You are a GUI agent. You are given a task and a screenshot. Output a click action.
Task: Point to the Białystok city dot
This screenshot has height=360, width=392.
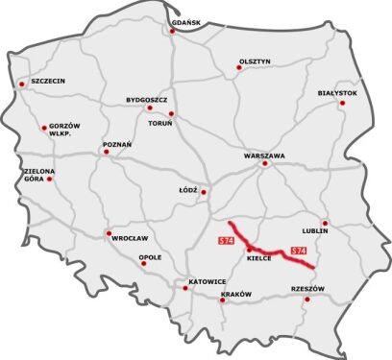(341, 103)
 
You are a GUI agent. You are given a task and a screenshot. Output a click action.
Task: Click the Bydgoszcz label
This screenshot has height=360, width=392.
(147, 99)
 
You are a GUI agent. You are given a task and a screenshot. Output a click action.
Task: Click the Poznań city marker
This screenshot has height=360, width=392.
(106, 152)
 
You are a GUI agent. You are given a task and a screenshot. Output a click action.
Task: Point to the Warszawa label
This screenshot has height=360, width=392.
(265, 155)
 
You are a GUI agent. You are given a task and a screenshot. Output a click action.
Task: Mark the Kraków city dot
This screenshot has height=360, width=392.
(223, 300)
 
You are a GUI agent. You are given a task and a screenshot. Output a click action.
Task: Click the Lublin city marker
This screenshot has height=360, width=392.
(326, 222)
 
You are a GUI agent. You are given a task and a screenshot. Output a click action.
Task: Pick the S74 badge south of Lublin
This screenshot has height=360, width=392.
(299, 251)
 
